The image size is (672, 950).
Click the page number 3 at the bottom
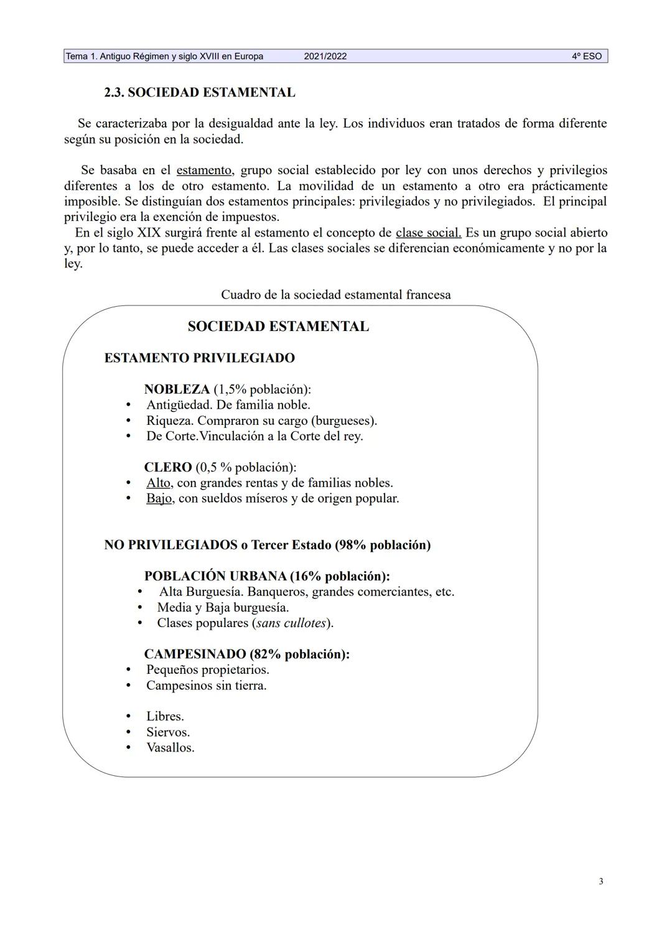point(600,881)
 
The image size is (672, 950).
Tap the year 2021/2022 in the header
point(325,57)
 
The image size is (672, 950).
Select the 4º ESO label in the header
point(587,57)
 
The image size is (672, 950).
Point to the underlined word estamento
point(203,170)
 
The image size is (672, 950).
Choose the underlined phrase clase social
point(428,233)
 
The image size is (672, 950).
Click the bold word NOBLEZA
point(177,389)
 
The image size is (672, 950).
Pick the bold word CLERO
point(167,467)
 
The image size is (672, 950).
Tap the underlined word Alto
point(159,483)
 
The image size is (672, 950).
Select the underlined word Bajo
point(159,498)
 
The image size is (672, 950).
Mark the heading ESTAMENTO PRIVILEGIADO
point(199,358)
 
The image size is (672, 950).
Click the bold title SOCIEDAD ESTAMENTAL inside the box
point(278,327)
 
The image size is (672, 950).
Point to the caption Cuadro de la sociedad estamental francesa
point(335,295)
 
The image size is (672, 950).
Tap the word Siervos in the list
point(168,732)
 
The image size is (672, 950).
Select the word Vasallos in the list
point(170,748)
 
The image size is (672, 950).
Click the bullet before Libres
point(128,717)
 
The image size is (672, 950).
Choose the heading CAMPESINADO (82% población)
point(246,654)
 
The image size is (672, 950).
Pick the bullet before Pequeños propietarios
point(128,670)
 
